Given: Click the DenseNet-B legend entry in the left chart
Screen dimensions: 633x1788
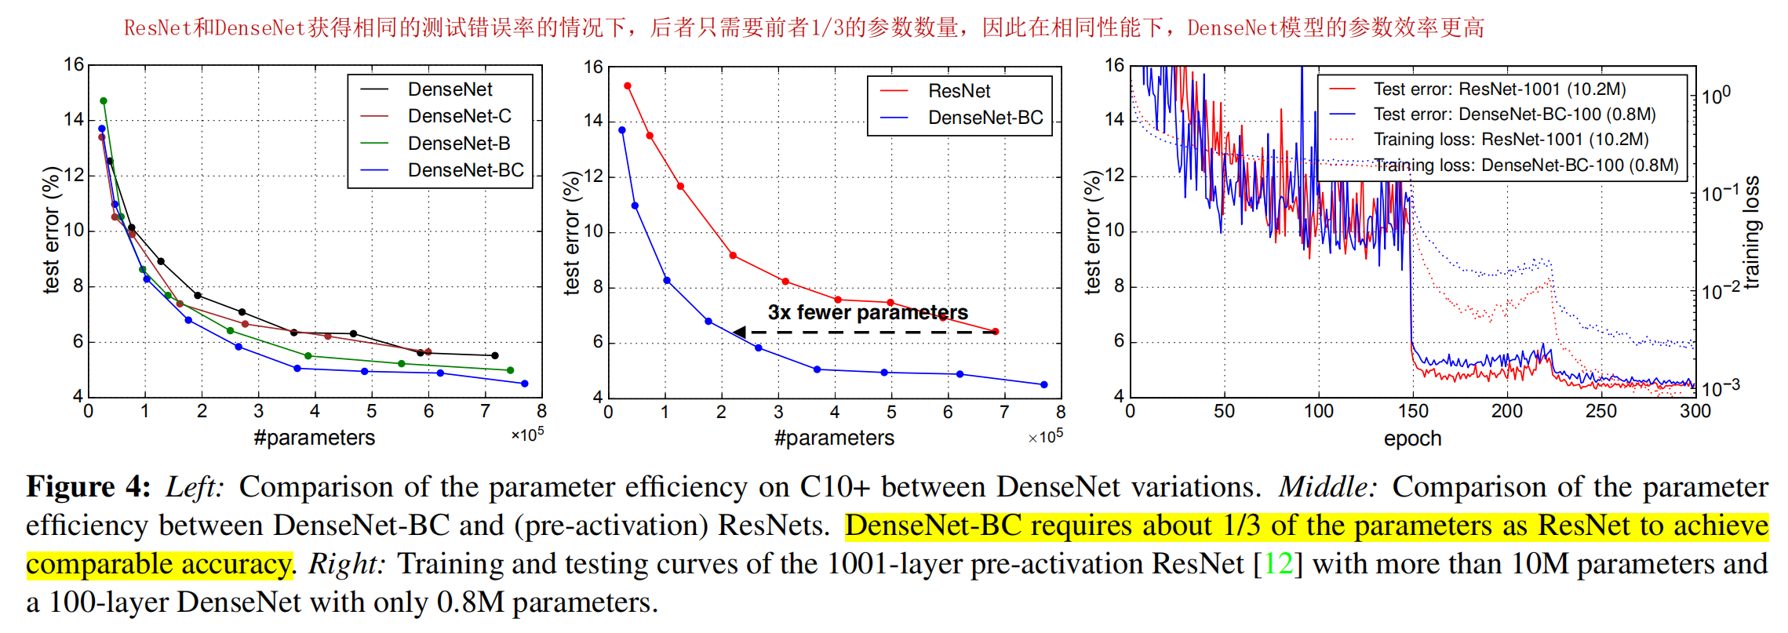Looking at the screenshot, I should point(459,144).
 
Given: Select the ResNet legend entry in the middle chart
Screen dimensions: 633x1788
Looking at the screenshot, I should point(959,91).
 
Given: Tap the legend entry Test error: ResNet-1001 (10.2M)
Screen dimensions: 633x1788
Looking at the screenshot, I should point(1498,89).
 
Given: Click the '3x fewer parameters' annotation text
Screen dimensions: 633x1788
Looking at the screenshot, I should point(867,312).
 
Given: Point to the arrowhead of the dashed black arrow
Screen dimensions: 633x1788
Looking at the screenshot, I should point(738,332).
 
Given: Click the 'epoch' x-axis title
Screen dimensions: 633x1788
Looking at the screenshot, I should point(1412,438).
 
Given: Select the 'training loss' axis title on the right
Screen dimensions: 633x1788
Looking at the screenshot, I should point(1751,232).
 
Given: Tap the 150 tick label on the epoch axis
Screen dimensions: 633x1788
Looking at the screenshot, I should point(1412,411).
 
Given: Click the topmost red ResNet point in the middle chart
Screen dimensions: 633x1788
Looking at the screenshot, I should point(628,86).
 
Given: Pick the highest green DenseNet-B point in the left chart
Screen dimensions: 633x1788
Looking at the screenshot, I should point(104,101).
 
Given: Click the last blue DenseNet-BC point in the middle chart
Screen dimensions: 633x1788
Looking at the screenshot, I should point(1043,384).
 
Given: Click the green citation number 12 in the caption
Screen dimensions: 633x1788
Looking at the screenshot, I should point(1279,564).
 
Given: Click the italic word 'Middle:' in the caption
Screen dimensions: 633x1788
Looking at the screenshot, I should point(1327,487).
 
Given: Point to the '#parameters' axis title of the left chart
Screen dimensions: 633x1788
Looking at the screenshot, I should point(314,438).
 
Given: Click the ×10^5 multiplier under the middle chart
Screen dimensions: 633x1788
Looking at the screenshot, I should point(1046,436).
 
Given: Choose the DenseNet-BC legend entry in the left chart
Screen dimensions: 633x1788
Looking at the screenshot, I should point(465,170).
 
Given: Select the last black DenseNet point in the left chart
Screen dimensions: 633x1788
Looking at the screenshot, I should point(494,355).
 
